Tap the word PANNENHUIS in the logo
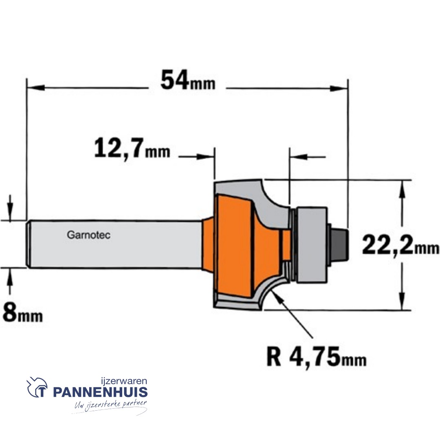click(x=100, y=392)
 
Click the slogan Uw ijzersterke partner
click(x=110, y=405)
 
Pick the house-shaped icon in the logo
click(x=37, y=387)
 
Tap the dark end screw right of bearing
click(x=339, y=244)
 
